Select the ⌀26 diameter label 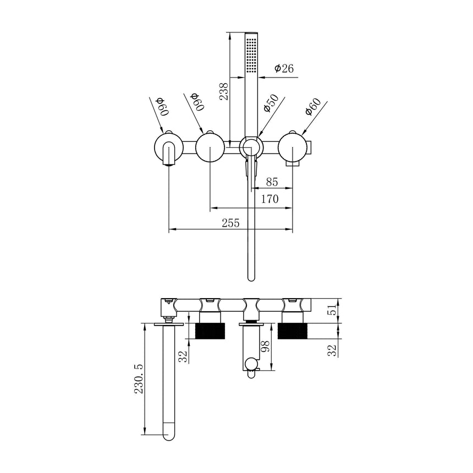tap(284, 68)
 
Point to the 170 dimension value tap(269, 199)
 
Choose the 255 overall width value tap(230, 223)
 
